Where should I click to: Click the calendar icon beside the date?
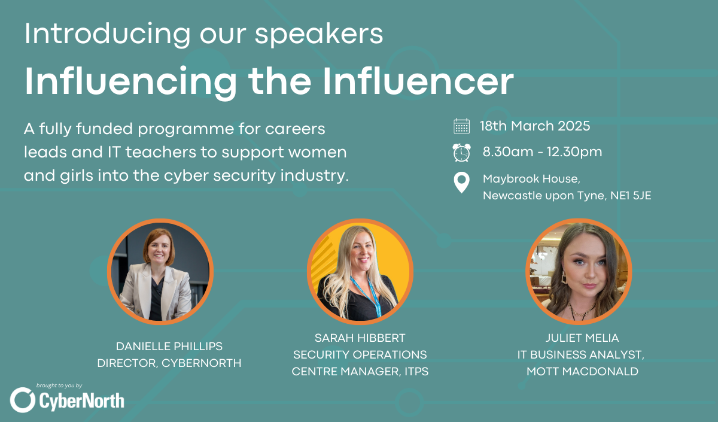point(461,126)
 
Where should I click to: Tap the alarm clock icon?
point(461,153)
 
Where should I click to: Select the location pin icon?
point(461,183)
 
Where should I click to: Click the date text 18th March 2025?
point(535,126)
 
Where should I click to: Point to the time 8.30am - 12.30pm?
point(542,152)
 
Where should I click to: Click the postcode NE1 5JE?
point(631,196)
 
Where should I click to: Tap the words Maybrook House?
point(531,179)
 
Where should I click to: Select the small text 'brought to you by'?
point(59,385)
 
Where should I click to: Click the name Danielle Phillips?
point(169,347)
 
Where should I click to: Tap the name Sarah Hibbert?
point(360,338)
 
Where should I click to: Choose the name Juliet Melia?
point(582,338)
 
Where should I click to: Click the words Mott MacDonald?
point(582,372)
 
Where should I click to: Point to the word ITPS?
point(416,372)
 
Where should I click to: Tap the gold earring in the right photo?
point(563,278)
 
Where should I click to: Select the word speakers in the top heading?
point(319,34)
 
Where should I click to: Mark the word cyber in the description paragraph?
point(185,176)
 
